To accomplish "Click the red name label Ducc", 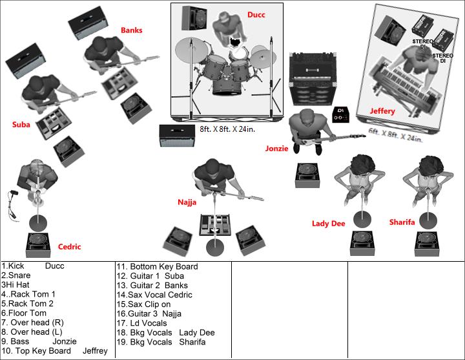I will (x=256, y=14).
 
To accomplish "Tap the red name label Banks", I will (x=132, y=30).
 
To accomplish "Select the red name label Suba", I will (x=21, y=125).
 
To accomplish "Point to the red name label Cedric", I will (x=69, y=247).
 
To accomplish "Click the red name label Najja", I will (x=187, y=202).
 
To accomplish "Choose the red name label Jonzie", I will (x=276, y=148).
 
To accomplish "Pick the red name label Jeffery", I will (x=382, y=111).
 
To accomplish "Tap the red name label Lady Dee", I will (x=328, y=224).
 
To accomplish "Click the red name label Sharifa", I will (x=402, y=222).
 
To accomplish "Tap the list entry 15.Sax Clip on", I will (x=143, y=304).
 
